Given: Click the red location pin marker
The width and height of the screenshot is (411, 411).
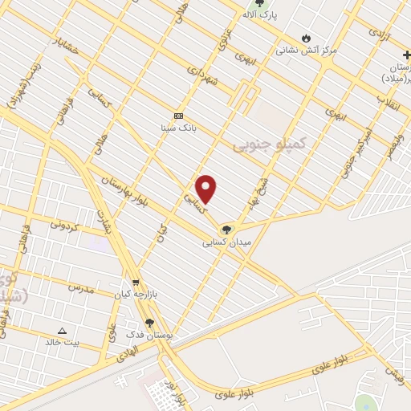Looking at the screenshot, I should [x=206, y=189].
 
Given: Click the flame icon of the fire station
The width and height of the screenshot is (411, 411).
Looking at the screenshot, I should [x=306, y=38].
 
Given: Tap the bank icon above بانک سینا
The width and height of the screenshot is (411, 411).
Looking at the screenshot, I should [x=178, y=116].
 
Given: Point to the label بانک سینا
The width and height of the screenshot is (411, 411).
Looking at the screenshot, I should [x=178, y=127].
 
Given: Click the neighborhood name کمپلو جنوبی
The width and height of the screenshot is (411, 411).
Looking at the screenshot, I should [x=270, y=144].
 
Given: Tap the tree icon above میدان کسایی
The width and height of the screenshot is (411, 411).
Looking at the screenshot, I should [x=226, y=230].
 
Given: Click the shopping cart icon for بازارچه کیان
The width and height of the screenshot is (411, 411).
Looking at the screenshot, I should [x=136, y=283].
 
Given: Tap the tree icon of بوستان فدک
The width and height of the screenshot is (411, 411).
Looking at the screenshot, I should [x=150, y=322].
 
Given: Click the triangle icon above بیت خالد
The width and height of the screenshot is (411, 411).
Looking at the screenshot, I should [x=63, y=330].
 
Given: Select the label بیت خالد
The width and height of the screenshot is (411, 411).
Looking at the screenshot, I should [x=63, y=342].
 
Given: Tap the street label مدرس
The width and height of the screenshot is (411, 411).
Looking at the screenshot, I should [x=80, y=287].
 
